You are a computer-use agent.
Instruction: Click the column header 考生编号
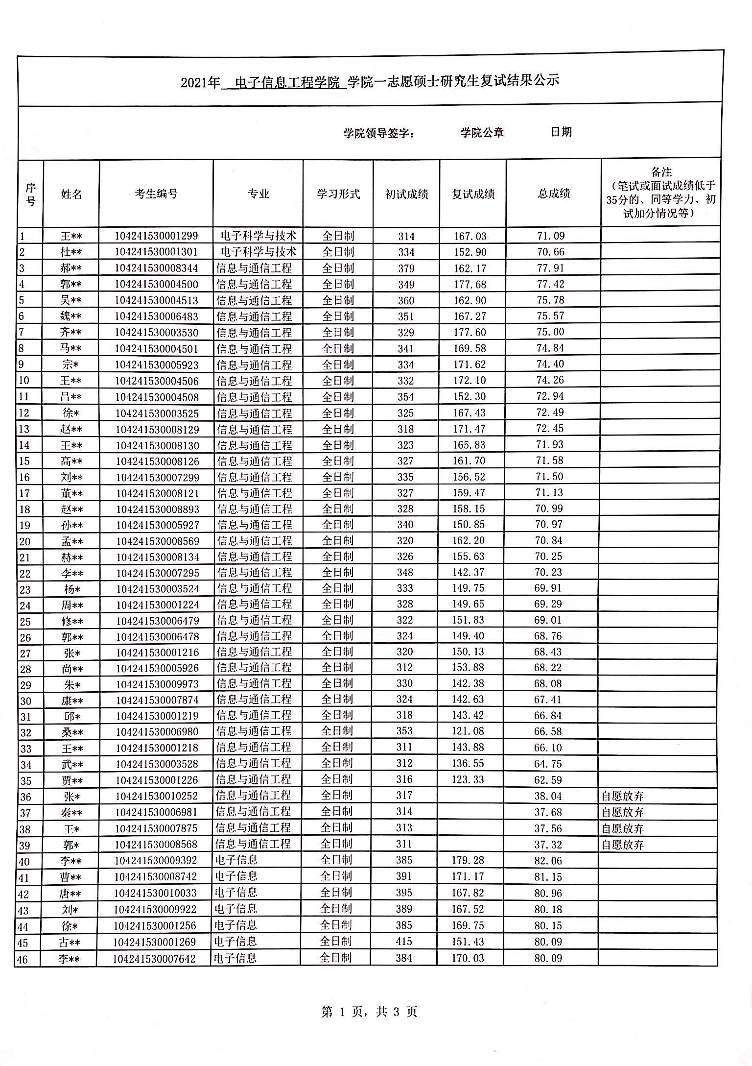point(156,194)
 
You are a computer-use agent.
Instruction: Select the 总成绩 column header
point(554,194)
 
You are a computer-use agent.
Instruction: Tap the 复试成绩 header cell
point(473,194)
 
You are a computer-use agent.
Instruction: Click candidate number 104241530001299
point(156,236)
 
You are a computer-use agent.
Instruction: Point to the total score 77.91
point(551,268)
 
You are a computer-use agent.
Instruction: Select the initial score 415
point(404,942)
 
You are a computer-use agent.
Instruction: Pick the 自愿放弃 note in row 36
point(622,796)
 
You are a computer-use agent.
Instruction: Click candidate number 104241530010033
point(155,893)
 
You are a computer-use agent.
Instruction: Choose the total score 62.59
point(548,780)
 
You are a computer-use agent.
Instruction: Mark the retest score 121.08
point(468,731)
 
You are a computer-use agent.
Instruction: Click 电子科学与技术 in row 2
point(258,252)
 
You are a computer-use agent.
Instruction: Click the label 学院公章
point(482,132)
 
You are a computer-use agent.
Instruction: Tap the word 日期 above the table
point(561,132)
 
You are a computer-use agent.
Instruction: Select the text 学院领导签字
point(378,133)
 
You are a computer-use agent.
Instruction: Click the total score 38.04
point(548,796)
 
